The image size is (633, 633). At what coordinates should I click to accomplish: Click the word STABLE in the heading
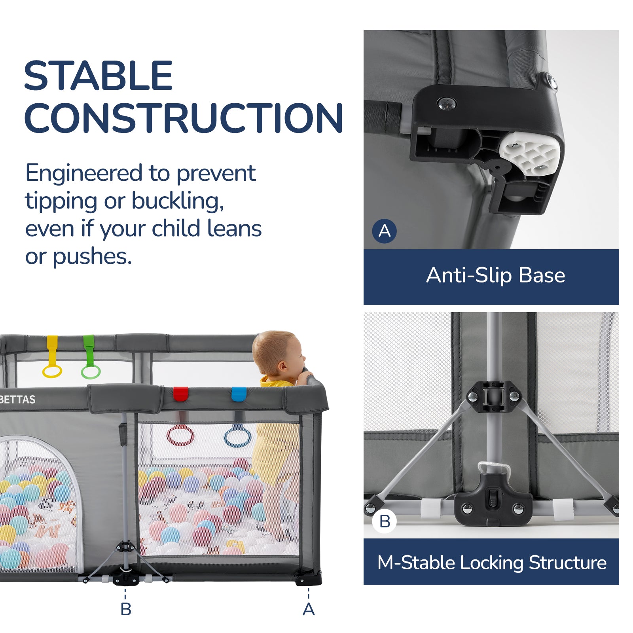pos(98,76)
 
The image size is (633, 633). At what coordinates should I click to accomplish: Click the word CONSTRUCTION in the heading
pos(183,118)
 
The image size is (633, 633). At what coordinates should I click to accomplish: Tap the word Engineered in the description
pos(83,173)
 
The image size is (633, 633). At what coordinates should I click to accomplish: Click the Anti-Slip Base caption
pos(495,275)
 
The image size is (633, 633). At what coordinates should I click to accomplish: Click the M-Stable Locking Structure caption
pos(491,563)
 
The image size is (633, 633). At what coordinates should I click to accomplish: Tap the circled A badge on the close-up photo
pos(385,231)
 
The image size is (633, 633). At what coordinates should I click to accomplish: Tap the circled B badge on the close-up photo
pos(385,521)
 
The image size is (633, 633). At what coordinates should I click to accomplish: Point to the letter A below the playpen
pos(309,609)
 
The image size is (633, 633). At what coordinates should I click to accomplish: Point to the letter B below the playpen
pos(126,609)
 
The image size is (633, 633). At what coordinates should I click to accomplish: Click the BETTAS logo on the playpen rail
pos(18,400)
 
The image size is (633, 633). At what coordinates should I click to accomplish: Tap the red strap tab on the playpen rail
pos(180,394)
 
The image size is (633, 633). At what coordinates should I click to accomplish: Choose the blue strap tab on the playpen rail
pos(239,394)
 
